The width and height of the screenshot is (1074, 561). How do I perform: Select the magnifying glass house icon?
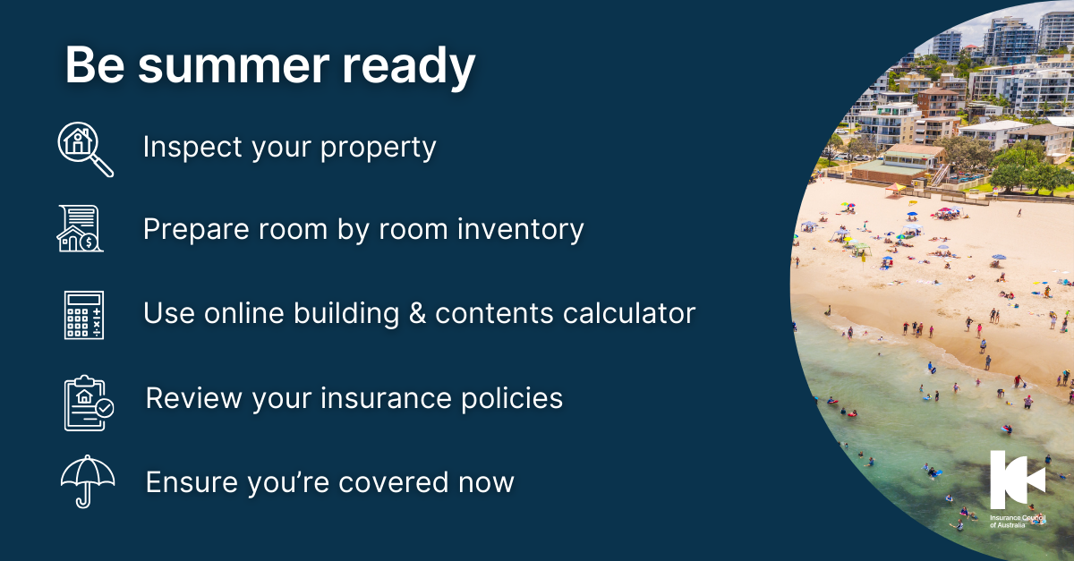pyautogui.click(x=84, y=149)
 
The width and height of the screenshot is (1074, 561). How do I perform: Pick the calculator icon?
pyautogui.click(x=84, y=314)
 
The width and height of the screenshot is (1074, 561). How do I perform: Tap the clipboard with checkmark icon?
pyautogui.click(x=87, y=401)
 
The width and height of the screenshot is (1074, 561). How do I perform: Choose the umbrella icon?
pyautogui.click(x=87, y=481)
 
